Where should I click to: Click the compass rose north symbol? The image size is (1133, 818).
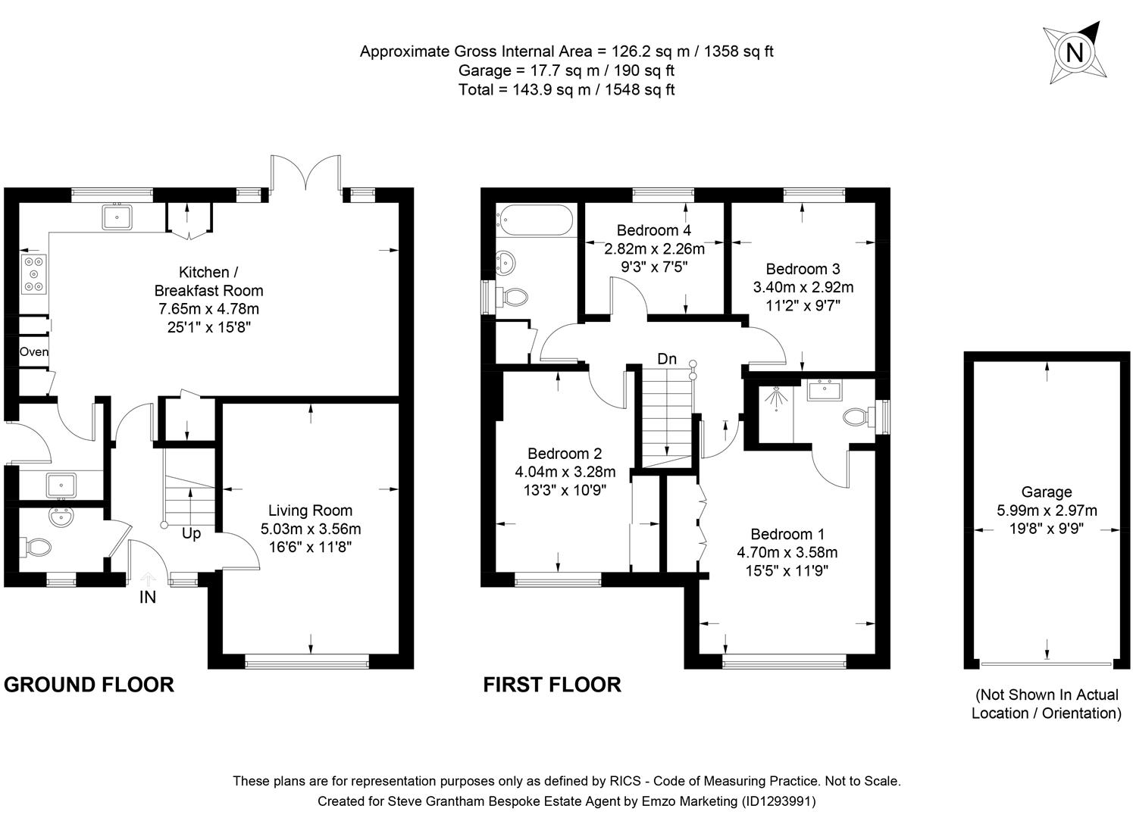coord(1075,52)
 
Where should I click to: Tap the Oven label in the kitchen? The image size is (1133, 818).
coord(34,351)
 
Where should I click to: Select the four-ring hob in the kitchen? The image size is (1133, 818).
coord(34,273)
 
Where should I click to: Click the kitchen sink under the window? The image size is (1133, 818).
coord(117,217)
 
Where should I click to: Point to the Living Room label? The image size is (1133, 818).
coord(310,510)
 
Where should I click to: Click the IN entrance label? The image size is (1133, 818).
coord(148,597)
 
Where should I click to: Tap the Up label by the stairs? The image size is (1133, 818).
coord(191,533)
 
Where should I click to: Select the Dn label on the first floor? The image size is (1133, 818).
coord(667,359)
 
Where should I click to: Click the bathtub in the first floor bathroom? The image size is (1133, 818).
coord(534,220)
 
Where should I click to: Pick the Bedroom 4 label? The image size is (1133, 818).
coord(653,230)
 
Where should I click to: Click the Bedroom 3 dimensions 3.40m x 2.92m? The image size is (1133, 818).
coord(803,287)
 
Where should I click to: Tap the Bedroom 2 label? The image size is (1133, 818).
coord(565,454)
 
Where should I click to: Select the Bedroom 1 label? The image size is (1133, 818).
coord(787,534)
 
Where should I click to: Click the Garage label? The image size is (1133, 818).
coord(1046,492)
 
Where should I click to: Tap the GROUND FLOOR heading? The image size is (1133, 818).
coord(89,685)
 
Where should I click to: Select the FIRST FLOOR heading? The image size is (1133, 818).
coord(552,685)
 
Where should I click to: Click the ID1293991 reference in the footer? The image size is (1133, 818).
coord(778,801)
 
